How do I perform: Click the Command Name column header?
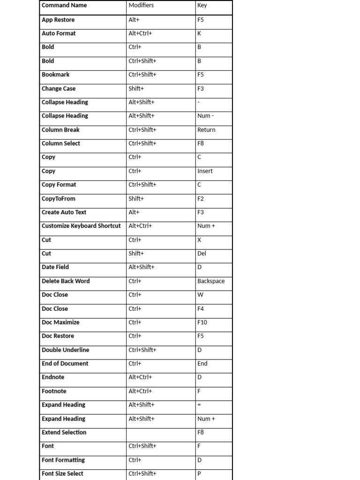[x=64, y=6]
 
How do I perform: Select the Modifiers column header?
[x=141, y=6]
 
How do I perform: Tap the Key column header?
[x=202, y=6]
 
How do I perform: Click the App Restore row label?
[x=58, y=20]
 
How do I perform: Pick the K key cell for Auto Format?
[x=199, y=34]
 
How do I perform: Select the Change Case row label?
[x=59, y=89]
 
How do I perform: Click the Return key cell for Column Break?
[x=206, y=130]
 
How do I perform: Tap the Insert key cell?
[x=205, y=171]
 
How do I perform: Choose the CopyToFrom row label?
[x=59, y=199]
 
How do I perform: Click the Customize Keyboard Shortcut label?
[x=81, y=226]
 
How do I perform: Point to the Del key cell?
[x=202, y=254]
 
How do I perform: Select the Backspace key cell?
[x=211, y=281]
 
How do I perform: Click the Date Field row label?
[x=55, y=267]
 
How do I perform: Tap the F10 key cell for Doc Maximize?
[x=202, y=322]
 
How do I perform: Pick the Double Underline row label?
[x=65, y=350]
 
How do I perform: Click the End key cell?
[x=202, y=364]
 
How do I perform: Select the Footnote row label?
[x=54, y=391]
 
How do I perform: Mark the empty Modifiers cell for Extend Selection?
[x=160, y=433]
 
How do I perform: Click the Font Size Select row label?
[x=62, y=474]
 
